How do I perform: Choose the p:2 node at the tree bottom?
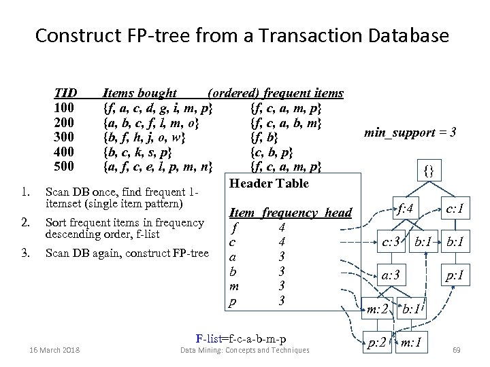(x=378, y=342)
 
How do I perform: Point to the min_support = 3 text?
(x=410, y=132)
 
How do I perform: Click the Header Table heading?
(x=269, y=183)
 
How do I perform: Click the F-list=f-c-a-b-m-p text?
(x=240, y=338)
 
